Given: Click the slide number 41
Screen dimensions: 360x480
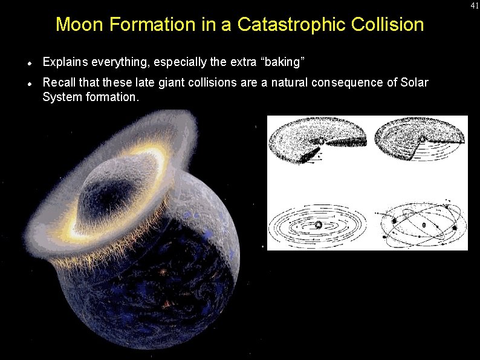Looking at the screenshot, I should point(475,5).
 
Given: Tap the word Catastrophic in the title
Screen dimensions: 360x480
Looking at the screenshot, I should point(300,25).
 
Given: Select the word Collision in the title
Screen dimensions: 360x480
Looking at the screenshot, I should point(392,25).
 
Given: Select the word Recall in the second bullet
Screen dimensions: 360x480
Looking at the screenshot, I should point(58,82).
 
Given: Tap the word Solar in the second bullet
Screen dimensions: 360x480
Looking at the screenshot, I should point(414,82).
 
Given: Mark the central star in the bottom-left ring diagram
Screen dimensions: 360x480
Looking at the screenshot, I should point(318,225).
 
